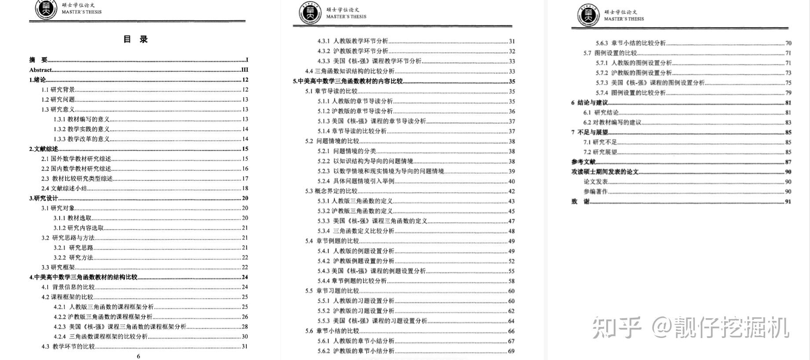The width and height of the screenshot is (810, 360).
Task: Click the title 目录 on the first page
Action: (136, 39)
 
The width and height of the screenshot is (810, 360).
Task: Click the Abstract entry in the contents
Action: (40, 70)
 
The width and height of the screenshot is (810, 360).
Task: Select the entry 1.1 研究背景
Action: (58, 90)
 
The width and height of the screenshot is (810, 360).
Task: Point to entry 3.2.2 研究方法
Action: (73, 257)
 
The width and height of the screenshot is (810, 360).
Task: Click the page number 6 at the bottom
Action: (139, 356)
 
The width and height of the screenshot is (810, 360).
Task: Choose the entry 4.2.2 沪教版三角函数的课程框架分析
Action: (103, 317)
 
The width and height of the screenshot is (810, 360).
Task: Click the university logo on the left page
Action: (46, 10)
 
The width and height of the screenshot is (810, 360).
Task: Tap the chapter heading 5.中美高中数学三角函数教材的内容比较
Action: (348, 81)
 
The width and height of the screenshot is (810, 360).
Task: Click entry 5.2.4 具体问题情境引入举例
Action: (356, 181)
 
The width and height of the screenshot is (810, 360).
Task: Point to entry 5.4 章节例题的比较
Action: (332, 241)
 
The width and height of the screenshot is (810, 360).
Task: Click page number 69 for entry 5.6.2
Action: (511, 351)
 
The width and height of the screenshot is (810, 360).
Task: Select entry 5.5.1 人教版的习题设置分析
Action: (356, 301)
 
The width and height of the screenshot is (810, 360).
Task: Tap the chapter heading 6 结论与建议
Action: (590, 103)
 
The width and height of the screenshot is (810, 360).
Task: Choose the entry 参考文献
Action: (583, 162)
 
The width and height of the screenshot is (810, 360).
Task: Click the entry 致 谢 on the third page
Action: (580, 202)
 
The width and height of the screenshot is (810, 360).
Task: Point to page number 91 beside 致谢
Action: (788, 202)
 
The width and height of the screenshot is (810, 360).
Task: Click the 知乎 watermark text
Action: (616, 327)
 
